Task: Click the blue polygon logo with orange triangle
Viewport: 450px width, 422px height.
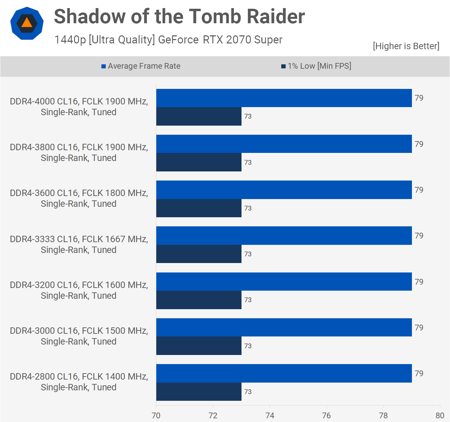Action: [27, 23]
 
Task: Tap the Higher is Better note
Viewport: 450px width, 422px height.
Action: [406, 46]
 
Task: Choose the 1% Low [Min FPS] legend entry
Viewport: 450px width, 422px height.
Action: [316, 66]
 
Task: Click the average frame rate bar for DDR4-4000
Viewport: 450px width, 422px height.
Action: [284, 98]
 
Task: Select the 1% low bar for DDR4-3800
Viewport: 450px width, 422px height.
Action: [199, 162]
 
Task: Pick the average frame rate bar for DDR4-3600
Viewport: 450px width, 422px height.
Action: [284, 190]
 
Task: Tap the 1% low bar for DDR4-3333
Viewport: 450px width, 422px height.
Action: [199, 254]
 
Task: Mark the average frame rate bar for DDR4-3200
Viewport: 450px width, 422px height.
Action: [284, 282]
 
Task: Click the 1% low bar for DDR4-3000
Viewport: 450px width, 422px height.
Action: [199, 346]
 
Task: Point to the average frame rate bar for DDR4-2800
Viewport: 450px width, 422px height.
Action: [284, 373]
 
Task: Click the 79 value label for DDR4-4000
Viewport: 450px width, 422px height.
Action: [419, 98]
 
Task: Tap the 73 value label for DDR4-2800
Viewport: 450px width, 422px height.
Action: [248, 392]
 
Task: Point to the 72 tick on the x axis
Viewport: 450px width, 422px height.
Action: [213, 415]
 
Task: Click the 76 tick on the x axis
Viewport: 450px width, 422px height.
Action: [326, 415]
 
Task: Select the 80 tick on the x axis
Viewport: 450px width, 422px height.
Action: [440, 415]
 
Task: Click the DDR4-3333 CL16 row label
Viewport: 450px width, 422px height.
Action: [79, 245]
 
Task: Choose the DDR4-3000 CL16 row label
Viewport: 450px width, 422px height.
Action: [79, 336]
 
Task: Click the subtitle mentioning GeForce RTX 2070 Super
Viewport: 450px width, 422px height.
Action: [168, 40]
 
